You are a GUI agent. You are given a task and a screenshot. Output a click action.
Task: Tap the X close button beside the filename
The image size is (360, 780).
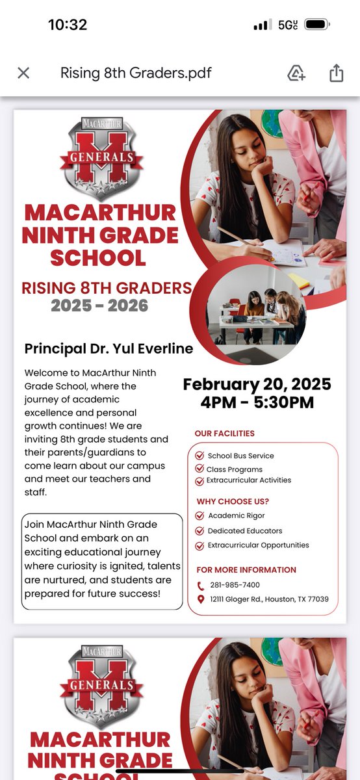[23, 73]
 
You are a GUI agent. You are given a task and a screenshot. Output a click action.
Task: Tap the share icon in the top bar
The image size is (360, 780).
[336, 73]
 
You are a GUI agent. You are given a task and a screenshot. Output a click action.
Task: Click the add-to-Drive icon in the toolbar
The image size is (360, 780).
[296, 73]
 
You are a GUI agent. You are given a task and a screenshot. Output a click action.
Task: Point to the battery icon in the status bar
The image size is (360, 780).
[317, 25]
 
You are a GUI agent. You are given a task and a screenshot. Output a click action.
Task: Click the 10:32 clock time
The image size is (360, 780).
[68, 25]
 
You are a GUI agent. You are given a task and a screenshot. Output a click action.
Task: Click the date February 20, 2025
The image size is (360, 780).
[257, 384]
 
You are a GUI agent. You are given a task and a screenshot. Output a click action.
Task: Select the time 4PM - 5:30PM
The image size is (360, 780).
[257, 402]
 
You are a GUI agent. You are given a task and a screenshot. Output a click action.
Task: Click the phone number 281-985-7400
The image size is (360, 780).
[234, 585]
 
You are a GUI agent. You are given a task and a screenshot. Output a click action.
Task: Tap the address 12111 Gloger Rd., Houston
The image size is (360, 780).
[269, 599]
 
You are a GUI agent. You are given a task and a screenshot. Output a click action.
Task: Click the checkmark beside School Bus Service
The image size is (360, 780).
[199, 456]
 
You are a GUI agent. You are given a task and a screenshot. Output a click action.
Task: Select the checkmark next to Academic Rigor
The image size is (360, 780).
[199, 515]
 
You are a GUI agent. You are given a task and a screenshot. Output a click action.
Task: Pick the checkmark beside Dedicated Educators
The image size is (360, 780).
[199, 530]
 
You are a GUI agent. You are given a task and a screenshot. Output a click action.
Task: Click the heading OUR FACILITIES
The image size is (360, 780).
[225, 434]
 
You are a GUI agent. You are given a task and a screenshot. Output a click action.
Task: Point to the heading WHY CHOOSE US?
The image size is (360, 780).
[232, 501]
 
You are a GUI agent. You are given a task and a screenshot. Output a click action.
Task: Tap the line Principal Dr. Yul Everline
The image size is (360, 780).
[109, 348]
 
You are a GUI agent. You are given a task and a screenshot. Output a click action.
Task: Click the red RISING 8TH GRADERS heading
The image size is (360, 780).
[107, 287]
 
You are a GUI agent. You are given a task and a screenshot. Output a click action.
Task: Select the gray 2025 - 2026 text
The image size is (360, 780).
[99, 305]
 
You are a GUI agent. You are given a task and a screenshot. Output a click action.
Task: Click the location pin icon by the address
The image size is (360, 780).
[201, 599]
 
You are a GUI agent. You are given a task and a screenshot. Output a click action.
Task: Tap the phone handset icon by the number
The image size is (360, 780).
[201, 585]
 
